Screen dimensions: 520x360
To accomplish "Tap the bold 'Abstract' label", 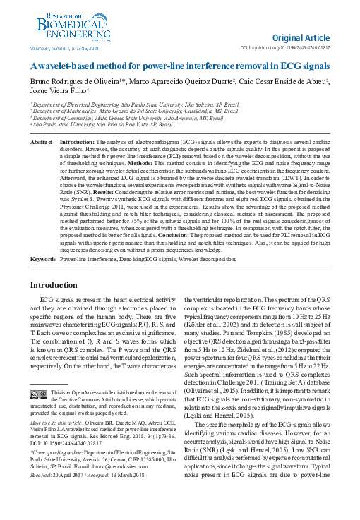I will click(x=42, y=142).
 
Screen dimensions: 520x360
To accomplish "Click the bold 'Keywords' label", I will click(x=43, y=260).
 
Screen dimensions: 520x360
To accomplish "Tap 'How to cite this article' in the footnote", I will click(x=61, y=440).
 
